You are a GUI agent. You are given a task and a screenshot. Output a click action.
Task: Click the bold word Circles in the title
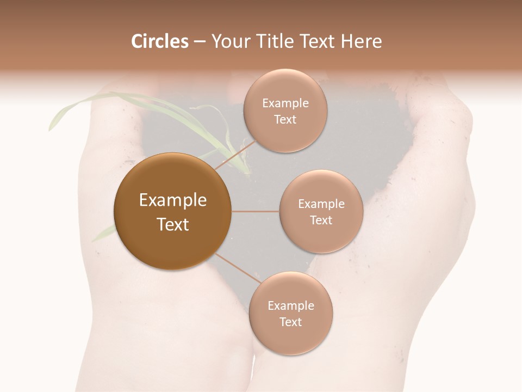point(160,41)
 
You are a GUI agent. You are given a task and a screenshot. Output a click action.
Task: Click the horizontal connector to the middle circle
point(255,211)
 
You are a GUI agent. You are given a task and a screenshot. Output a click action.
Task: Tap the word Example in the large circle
point(173,200)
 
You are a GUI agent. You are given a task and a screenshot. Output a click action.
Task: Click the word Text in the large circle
point(173,224)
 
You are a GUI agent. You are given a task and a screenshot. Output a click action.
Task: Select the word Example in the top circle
point(285,103)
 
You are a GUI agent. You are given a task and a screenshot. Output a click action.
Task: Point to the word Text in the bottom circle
point(290,322)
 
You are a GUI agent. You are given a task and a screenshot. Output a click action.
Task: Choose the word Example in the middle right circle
point(321,204)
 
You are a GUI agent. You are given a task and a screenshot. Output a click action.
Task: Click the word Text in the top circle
point(285,119)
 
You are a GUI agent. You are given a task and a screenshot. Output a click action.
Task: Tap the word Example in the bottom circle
point(290,305)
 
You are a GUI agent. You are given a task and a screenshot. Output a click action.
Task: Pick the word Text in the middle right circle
point(321,220)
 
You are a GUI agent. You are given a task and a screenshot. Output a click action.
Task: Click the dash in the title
point(200,42)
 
